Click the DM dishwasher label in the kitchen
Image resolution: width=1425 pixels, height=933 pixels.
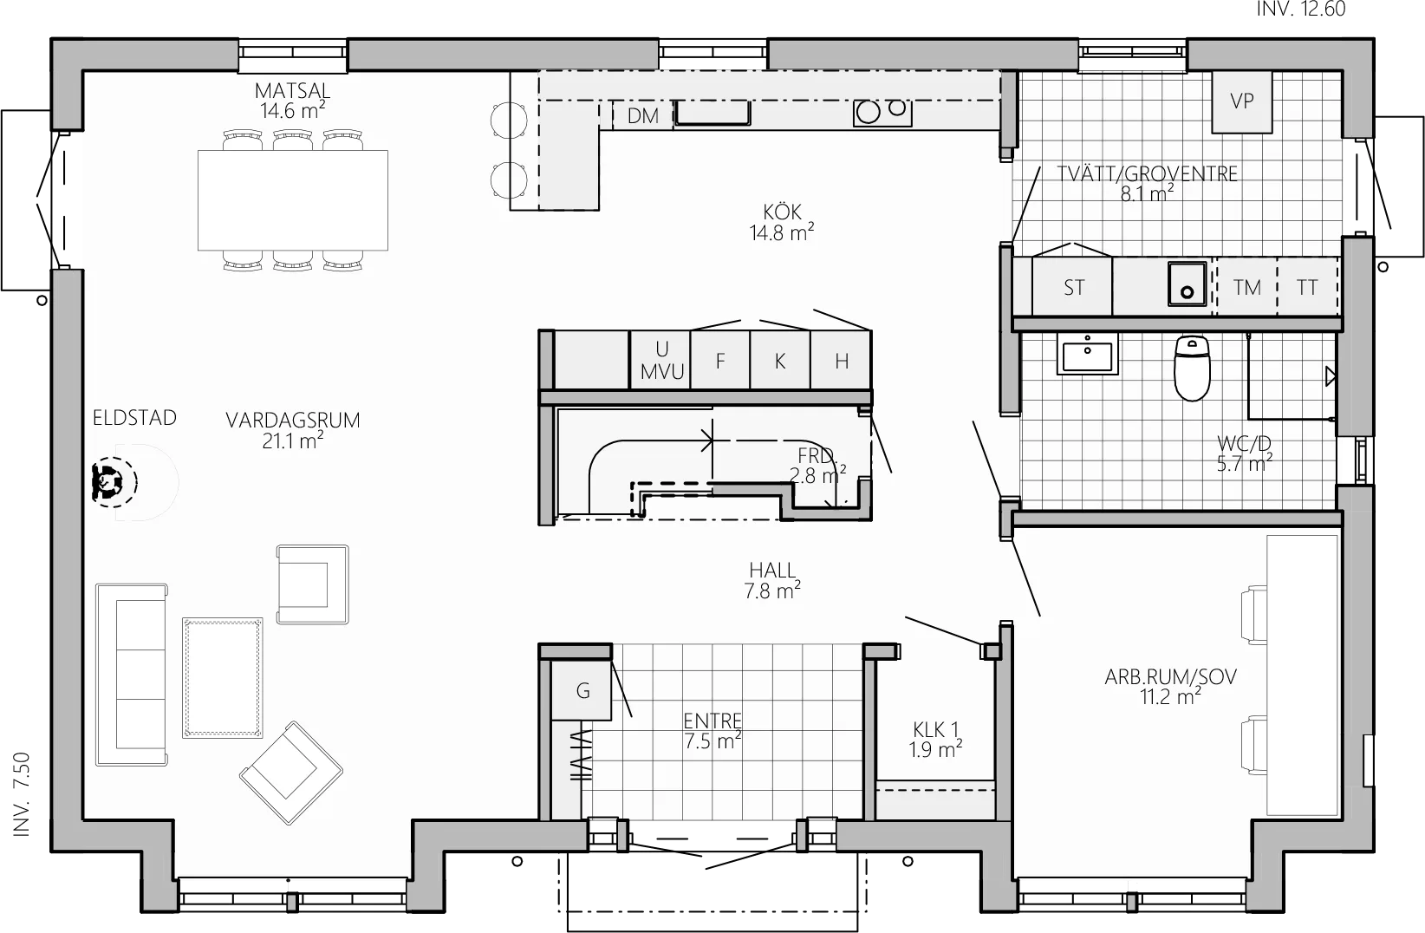point(642,116)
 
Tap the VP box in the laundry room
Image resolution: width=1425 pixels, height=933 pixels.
point(1242,101)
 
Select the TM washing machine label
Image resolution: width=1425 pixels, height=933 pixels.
point(1246,288)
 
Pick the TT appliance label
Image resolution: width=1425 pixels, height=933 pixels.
point(1307,288)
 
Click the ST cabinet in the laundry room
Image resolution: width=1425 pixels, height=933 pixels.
point(1072,286)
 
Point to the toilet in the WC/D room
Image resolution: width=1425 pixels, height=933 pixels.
point(1192,368)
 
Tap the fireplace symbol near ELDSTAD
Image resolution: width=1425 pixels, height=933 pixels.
point(114,482)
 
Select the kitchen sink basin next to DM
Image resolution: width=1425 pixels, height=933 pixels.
point(712,113)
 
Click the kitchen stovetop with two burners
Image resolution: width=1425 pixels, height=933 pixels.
point(882,112)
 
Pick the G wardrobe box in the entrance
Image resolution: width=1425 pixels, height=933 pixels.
point(582,691)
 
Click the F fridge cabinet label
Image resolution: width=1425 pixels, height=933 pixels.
point(720,362)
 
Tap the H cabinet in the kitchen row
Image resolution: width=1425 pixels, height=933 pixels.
point(841,360)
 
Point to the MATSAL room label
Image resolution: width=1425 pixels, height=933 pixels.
point(293,91)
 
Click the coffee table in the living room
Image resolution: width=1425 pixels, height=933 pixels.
point(223,678)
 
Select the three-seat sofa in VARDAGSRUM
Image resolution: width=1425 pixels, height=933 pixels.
point(132,675)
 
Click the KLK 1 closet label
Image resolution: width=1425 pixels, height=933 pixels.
point(935,729)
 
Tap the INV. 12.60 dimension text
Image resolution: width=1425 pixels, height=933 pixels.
point(1301,9)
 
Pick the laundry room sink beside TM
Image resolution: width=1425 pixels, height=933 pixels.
point(1187,284)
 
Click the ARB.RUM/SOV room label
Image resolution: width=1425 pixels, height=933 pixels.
point(1170,676)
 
